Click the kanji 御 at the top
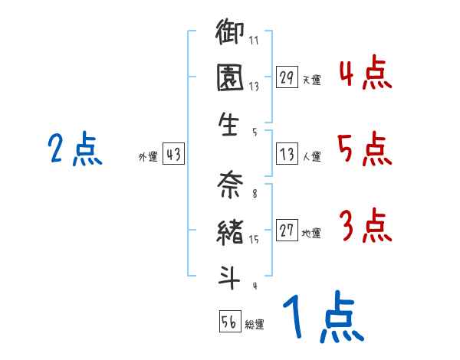tap(230, 31)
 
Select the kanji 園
tap(230, 77)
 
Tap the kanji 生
tap(228, 124)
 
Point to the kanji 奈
tap(230, 184)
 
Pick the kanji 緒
tap(230, 232)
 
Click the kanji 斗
tap(228, 277)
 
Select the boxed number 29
tap(287, 77)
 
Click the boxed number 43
tap(173, 154)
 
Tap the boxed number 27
tap(287, 230)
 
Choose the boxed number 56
tap(230, 321)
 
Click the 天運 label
tap(312, 80)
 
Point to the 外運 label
tap(148, 156)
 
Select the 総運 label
tap(255, 324)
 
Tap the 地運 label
tap(311, 233)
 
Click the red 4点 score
tap(366, 72)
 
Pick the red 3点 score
tap(366, 225)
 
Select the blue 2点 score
tap(75, 149)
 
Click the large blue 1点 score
tap(324, 316)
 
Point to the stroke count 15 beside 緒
tap(254, 240)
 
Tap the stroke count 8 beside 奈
tap(255, 194)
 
